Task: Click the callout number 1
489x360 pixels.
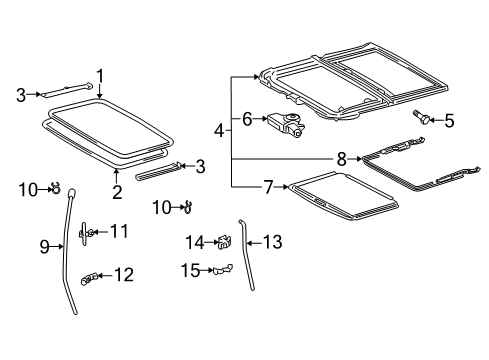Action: [100, 74]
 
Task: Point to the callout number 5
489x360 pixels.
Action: [448, 122]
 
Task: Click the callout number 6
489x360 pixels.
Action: [246, 119]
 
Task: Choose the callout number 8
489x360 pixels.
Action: [342, 157]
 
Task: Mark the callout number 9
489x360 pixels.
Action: [44, 245]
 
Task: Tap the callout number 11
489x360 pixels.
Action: [119, 232]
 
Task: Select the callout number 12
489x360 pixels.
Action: [123, 275]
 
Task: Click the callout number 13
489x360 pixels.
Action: [273, 241]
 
